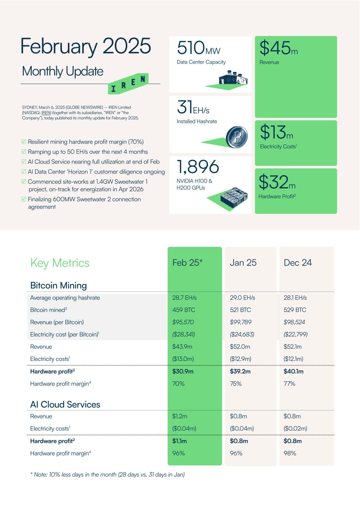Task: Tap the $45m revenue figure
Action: tap(278, 48)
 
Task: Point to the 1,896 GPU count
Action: tap(198, 167)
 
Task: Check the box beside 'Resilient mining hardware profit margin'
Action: tap(24, 142)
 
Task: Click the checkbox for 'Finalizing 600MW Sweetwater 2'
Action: tap(24, 199)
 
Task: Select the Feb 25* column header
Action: tap(187, 263)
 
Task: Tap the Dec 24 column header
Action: tap(297, 263)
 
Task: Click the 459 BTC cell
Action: tap(184, 310)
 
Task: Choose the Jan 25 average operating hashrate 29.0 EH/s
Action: tap(242, 298)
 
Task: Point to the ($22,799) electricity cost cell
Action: tap(295, 334)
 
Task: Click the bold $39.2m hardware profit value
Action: tap(240, 371)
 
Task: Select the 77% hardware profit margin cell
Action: tap(289, 383)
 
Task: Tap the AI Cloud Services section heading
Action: tap(65, 404)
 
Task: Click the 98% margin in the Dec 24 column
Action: tap(290, 453)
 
